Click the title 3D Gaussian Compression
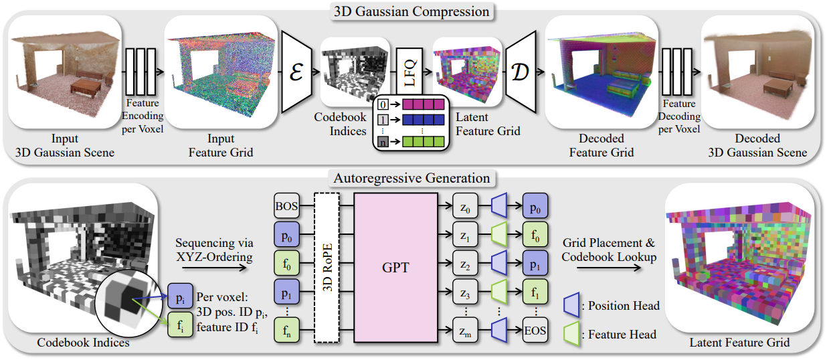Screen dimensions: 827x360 411,11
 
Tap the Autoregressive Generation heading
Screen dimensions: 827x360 411,179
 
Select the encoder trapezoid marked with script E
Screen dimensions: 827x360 297,72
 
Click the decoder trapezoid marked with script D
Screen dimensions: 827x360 521,72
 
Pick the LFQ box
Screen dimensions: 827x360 409,72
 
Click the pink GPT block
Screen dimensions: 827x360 396,267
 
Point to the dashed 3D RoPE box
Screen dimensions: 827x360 327,267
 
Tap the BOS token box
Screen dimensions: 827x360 286,205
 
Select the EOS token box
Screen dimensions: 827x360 535,330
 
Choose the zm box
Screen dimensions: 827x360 465,330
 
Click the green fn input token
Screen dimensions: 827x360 286,330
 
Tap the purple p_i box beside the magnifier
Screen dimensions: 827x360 180,296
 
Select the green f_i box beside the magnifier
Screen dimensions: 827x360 180,325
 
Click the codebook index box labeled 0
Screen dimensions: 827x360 383,104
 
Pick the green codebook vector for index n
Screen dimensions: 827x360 423,141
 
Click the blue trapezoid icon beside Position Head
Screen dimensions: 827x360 571,305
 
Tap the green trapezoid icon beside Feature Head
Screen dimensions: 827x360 571,334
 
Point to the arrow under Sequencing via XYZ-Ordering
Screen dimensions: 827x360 214,268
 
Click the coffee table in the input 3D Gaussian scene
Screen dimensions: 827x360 86,88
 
